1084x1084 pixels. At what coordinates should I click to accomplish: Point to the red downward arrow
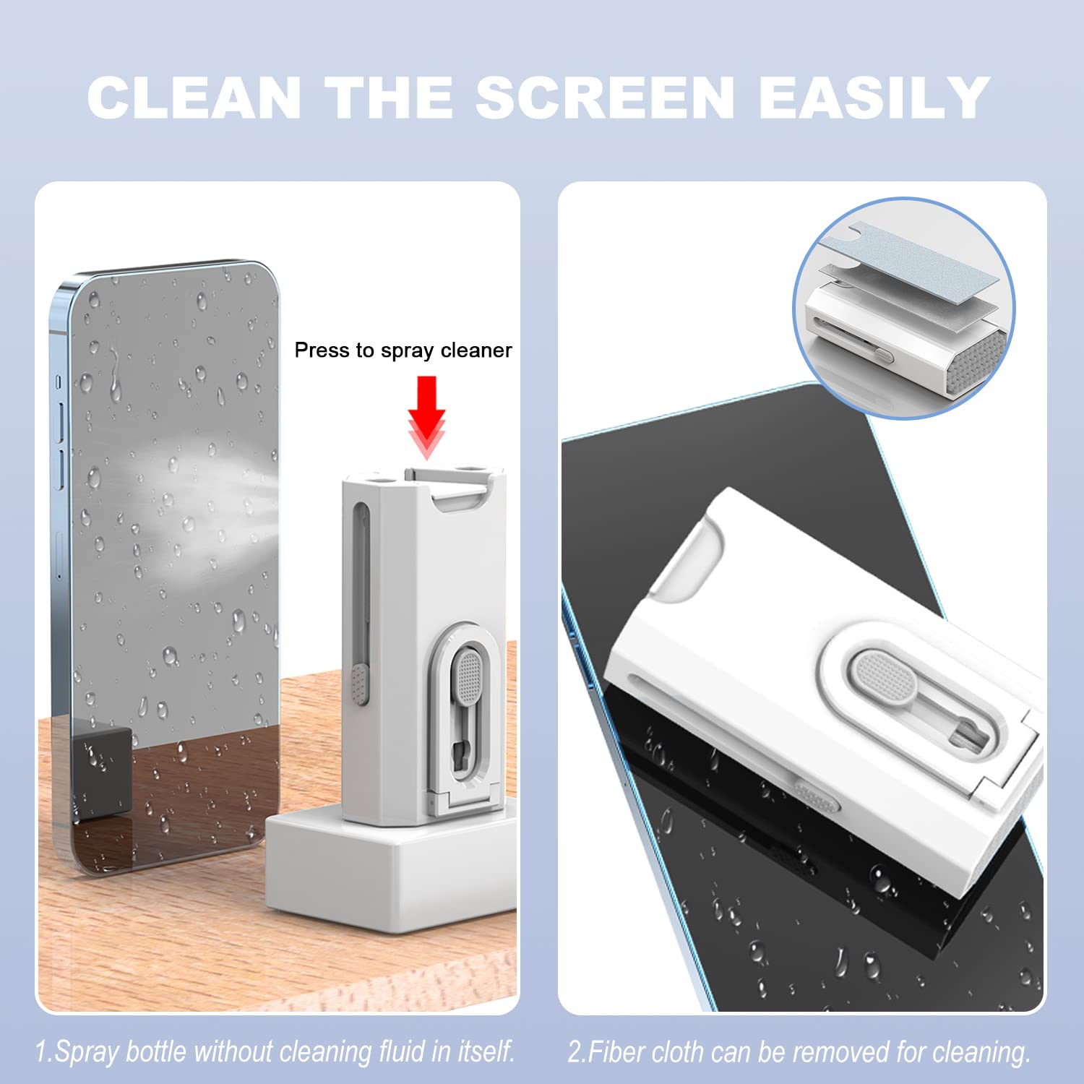[x=426, y=416]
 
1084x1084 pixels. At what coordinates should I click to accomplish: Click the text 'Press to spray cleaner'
[x=403, y=350]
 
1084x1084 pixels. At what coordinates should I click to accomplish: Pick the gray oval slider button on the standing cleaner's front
[x=468, y=676]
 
